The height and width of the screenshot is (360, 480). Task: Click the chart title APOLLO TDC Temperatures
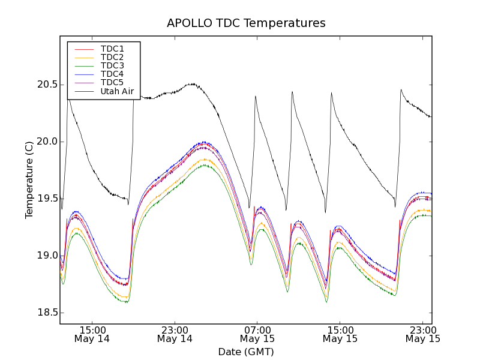(x=246, y=23)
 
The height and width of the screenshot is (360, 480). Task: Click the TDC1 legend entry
(x=112, y=49)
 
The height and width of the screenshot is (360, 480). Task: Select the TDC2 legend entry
(x=112, y=57)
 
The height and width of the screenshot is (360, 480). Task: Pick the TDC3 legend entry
(x=112, y=65)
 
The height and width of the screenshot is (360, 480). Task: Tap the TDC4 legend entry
(x=112, y=74)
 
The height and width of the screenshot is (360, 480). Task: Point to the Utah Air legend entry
(x=117, y=91)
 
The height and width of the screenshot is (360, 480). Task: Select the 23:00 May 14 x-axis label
(x=175, y=334)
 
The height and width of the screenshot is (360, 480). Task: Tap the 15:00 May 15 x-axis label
(x=340, y=334)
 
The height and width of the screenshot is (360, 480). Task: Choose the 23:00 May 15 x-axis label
(x=422, y=334)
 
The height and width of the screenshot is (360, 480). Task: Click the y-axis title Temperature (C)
(x=29, y=180)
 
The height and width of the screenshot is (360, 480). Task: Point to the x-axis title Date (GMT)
(x=246, y=352)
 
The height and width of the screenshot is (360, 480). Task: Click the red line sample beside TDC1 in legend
(x=83, y=49)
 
